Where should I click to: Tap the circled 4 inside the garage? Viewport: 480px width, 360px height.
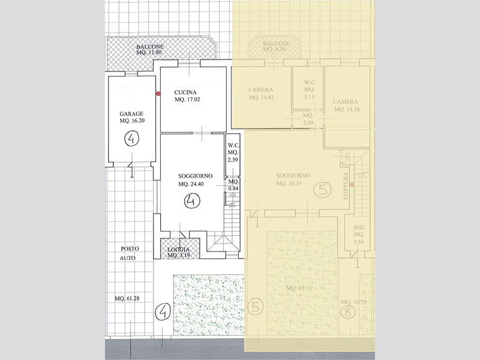click(x=131, y=140)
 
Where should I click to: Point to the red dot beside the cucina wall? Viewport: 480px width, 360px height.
click(x=158, y=93)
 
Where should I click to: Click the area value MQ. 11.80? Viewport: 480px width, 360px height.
click(x=150, y=52)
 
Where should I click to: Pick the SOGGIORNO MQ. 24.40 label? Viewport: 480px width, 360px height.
click(x=193, y=180)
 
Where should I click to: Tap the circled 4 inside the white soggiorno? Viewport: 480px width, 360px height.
click(x=193, y=202)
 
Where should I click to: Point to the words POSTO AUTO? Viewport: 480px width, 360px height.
click(x=127, y=252)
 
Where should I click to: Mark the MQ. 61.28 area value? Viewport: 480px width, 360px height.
click(x=128, y=298)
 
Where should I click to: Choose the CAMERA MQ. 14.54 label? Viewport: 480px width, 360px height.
click(x=346, y=106)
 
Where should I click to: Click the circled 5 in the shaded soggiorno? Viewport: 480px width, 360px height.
click(x=323, y=191)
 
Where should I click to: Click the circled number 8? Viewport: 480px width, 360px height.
click(x=347, y=312)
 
